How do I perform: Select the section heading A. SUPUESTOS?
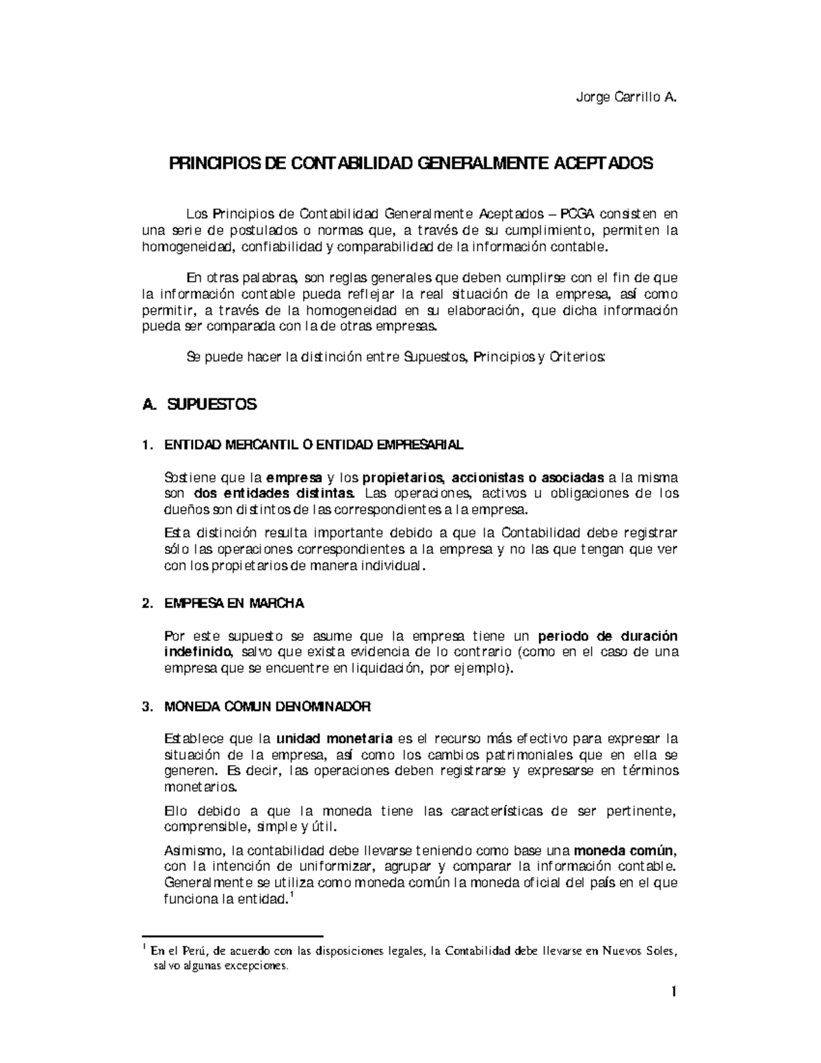point(198,404)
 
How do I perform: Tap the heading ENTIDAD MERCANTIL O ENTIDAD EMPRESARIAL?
point(313,445)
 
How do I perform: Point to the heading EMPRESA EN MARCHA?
point(234,604)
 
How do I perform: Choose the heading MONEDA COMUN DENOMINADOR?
point(268,706)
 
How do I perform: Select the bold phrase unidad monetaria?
point(334,739)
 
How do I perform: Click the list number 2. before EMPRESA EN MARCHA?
point(146,604)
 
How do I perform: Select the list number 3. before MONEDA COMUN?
point(146,706)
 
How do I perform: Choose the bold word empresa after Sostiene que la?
point(294,477)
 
